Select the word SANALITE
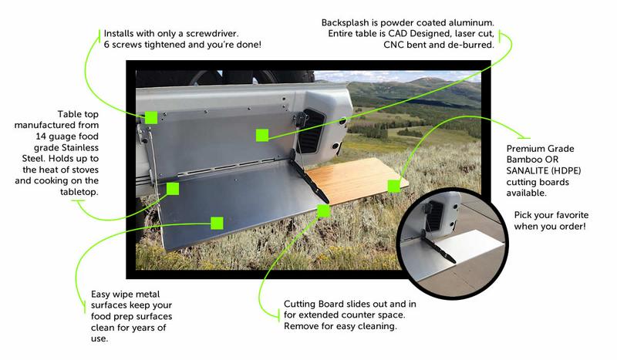tap(528, 171)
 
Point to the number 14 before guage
tap(41, 136)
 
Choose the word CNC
tap(393, 45)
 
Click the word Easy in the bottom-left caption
tap(101, 294)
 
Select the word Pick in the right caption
tap(523, 215)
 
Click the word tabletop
tap(79, 192)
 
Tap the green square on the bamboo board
tap(393, 186)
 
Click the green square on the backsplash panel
tap(262, 136)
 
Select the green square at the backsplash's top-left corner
tap(151, 117)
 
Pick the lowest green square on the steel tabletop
tap(217, 223)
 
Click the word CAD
tap(398, 34)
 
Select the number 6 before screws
tap(106, 45)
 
